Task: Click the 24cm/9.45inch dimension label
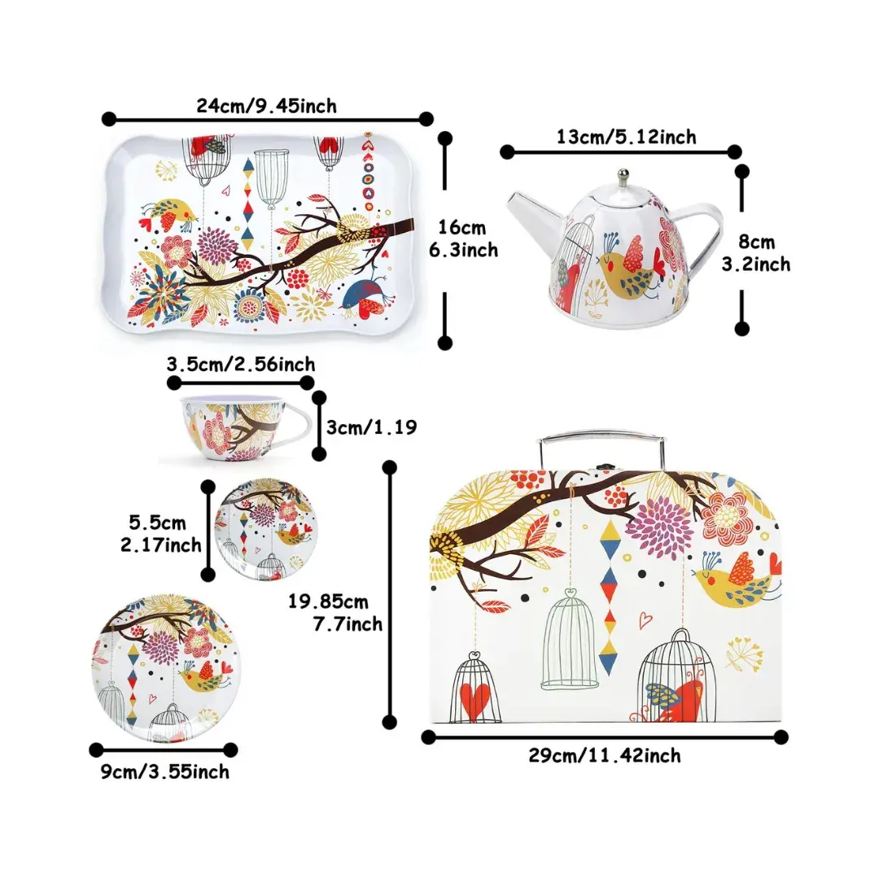pos(266,105)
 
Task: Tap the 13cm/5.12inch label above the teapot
pos(626,137)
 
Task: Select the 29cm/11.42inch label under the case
pos(604,756)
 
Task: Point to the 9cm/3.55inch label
pos(165,772)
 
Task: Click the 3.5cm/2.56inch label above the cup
pos(240,365)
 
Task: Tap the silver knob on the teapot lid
pos(623,176)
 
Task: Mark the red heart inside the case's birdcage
pos(475,698)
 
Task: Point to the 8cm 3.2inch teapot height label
pos(755,252)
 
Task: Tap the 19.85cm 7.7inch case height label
pos(335,613)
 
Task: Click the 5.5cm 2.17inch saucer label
pos(160,533)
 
